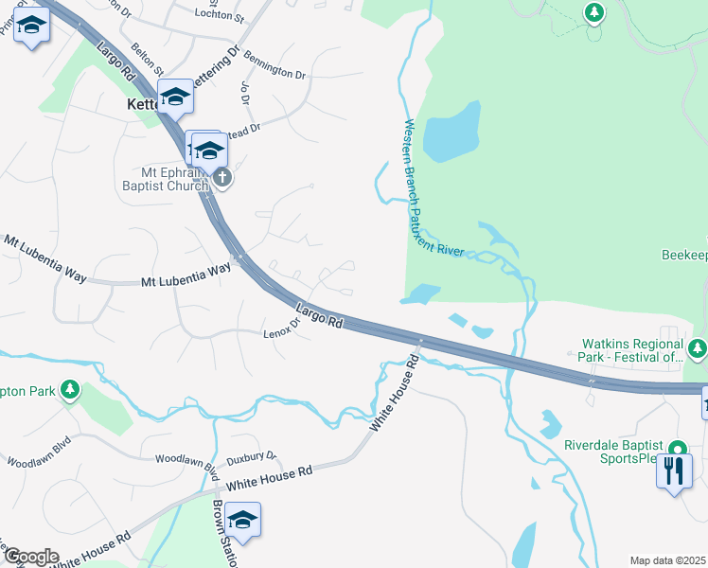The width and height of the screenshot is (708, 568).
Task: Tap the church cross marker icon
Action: (x=221, y=177)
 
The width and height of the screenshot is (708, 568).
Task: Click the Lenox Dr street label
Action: (x=281, y=328)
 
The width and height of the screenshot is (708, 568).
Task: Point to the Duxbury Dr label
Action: (x=257, y=455)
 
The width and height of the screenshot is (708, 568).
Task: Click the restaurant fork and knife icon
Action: (x=673, y=470)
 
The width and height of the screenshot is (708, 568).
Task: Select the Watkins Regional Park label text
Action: (x=634, y=350)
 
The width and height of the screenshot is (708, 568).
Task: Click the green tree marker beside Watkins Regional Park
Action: (x=698, y=350)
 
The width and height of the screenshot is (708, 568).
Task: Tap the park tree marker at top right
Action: (x=593, y=13)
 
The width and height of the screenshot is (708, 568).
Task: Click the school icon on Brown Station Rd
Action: (x=242, y=520)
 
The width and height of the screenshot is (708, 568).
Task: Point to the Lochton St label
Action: (x=219, y=17)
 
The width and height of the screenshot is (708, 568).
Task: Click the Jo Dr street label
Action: (x=246, y=93)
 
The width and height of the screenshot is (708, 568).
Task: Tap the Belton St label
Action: (x=148, y=60)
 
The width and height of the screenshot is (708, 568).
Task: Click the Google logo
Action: (x=30, y=558)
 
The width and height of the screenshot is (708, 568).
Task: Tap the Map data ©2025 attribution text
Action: (x=667, y=560)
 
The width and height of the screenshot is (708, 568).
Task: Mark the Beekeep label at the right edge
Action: (x=683, y=257)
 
